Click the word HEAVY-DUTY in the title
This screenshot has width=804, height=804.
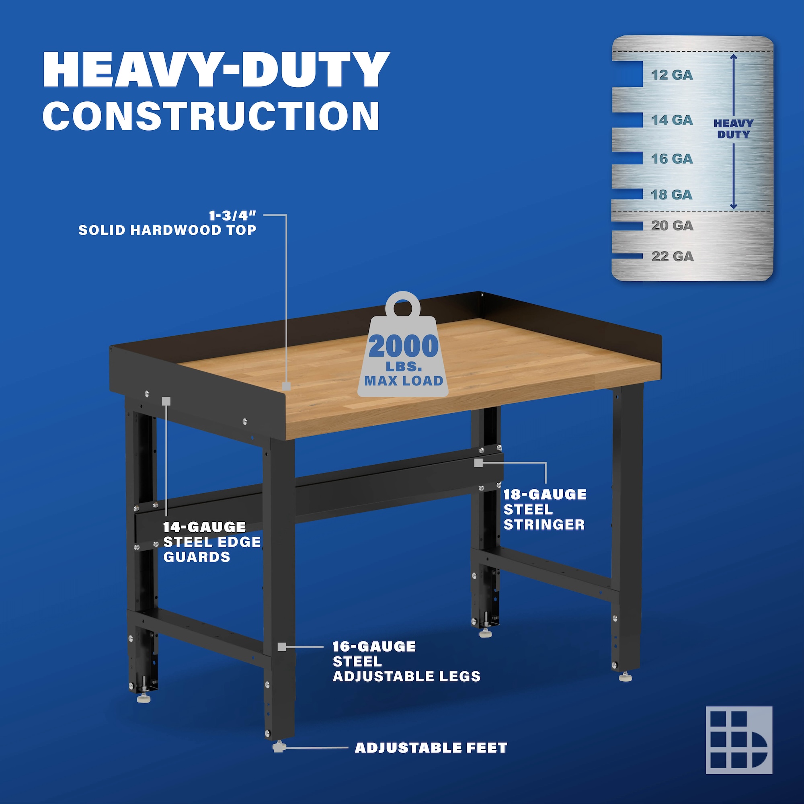click(216, 70)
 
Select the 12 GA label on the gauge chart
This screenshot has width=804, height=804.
click(672, 75)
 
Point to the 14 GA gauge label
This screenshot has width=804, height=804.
click(672, 120)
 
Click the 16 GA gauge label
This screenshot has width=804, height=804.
click(672, 158)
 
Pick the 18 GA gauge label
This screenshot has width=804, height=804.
click(672, 194)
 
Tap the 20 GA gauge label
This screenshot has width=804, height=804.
click(672, 226)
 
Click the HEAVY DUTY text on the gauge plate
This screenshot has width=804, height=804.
click(733, 129)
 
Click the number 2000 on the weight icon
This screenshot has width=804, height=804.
click(403, 347)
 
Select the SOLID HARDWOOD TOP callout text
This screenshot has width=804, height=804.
click(167, 230)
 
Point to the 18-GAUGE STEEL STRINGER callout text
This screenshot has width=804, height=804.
click(545, 509)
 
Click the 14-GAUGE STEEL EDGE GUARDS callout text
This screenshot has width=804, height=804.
click(212, 542)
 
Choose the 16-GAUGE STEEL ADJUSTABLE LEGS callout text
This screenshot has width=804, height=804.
click(406, 661)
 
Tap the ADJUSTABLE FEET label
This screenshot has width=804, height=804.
click(431, 748)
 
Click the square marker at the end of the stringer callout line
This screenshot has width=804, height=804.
click(478, 463)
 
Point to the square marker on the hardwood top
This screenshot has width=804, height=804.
click(286, 386)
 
